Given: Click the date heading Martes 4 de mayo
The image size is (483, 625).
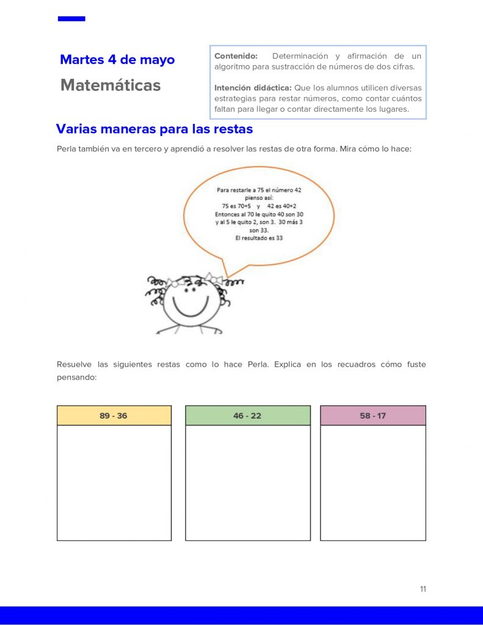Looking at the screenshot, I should [x=117, y=60].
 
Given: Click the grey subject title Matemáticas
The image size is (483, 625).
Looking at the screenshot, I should [x=111, y=85].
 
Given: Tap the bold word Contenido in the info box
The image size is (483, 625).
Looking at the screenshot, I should [x=236, y=56].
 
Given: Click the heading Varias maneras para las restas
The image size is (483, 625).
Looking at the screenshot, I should [x=154, y=129].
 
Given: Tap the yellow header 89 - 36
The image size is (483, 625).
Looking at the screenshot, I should [x=114, y=416].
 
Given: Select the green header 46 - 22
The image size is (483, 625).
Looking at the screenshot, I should [x=247, y=416].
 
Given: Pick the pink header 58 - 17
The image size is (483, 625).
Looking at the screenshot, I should [x=372, y=416].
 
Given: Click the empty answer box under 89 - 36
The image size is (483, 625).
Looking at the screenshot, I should [x=114, y=482].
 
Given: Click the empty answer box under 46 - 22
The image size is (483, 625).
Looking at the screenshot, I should [x=247, y=482].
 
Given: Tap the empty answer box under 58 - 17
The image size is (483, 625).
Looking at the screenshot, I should [x=372, y=482].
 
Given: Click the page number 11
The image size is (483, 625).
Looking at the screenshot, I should [x=423, y=589].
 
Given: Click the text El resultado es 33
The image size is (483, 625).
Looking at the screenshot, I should [x=259, y=239].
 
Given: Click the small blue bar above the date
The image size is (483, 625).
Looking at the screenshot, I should [x=71, y=19].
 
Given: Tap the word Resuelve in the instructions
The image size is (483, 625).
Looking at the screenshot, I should [x=74, y=364].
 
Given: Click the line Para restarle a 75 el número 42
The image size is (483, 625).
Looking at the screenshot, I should [x=259, y=190].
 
